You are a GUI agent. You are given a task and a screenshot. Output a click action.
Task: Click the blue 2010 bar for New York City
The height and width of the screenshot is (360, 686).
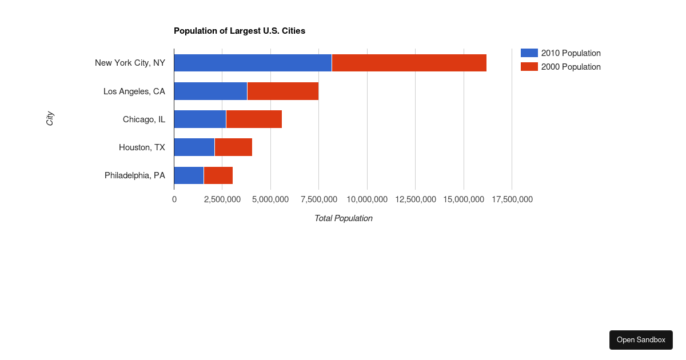click(x=253, y=63)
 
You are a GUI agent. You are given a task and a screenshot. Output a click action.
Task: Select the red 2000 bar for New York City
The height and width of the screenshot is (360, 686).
click(x=409, y=63)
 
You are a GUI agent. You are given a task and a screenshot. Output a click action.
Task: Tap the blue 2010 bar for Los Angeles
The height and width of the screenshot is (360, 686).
click(x=210, y=91)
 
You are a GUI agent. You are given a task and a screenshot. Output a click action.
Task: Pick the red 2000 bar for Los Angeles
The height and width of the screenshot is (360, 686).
click(x=283, y=91)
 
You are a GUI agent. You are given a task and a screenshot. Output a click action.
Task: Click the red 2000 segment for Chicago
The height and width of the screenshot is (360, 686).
click(x=254, y=119)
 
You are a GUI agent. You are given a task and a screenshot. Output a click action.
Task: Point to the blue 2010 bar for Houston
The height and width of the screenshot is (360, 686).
click(x=194, y=147)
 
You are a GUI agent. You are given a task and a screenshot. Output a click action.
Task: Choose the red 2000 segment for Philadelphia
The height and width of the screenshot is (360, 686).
click(x=218, y=175)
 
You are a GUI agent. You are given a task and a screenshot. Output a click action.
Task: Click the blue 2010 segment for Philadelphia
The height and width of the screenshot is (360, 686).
click(x=189, y=175)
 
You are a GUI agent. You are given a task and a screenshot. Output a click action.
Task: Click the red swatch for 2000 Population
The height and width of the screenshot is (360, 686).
click(x=529, y=67)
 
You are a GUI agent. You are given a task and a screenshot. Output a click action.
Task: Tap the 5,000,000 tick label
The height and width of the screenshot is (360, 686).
click(x=270, y=199)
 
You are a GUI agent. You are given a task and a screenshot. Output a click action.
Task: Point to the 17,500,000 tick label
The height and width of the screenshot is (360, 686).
click(x=512, y=199)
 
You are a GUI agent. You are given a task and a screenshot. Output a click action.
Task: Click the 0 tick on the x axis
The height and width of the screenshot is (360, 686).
click(x=174, y=199)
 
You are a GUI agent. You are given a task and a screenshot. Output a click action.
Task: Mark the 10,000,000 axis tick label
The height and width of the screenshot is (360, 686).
click(x=367, y=199)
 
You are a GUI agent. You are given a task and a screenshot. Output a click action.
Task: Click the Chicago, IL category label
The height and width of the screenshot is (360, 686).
click(x=144, y=119)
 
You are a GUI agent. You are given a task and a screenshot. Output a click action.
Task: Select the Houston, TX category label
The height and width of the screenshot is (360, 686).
click(x=142, y=147)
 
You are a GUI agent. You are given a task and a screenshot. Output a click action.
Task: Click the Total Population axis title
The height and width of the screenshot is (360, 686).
click(x=343, y=218)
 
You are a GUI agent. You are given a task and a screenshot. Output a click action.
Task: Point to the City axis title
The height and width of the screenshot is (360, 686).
click(x=50, y=119)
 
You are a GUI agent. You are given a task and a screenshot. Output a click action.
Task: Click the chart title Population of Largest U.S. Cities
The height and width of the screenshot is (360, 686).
click(x=240, y=31)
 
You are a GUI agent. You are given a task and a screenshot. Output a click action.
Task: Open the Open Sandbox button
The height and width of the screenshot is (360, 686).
click(x=641, y=340)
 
